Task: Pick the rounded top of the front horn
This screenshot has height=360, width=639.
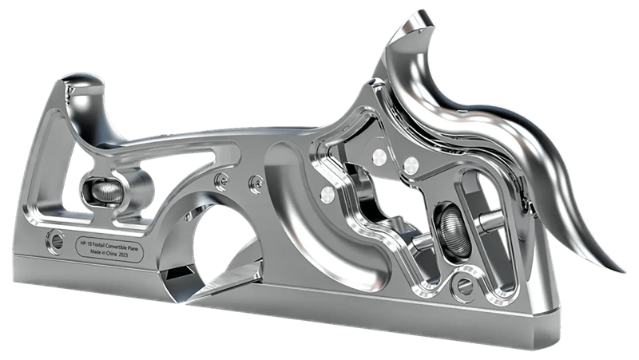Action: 79,81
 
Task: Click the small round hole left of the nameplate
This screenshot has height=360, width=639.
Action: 56,238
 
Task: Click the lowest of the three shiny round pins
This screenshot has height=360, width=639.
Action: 326,194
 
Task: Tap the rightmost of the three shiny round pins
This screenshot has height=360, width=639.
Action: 411,165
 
